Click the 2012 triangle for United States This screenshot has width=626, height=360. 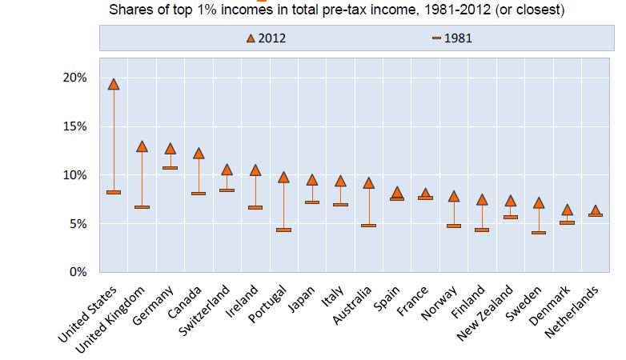pos(114,84)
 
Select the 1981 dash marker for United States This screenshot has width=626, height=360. pos(114,193)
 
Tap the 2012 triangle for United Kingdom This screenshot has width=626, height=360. pos(142,146)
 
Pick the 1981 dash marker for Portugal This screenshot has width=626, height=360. pos(283,230)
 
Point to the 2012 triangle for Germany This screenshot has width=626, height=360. pos(171,149)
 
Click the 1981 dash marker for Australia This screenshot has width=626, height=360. pos(368,226)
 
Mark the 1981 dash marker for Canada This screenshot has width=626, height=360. pos(199,194)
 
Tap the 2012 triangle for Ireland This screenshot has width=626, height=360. pos(255,170)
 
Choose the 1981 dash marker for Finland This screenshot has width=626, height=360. pos(482,230)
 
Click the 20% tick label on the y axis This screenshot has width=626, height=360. pos(74,78)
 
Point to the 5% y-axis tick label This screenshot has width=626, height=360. pos(78,224)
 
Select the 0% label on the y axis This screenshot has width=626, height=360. pos(78,272)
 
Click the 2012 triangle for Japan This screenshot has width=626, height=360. pos(312,180)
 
